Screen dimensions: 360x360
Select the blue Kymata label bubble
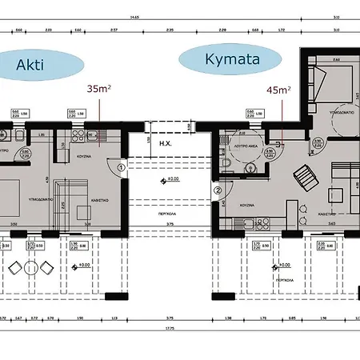pos(230,59)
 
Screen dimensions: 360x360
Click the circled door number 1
pos(120,167)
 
